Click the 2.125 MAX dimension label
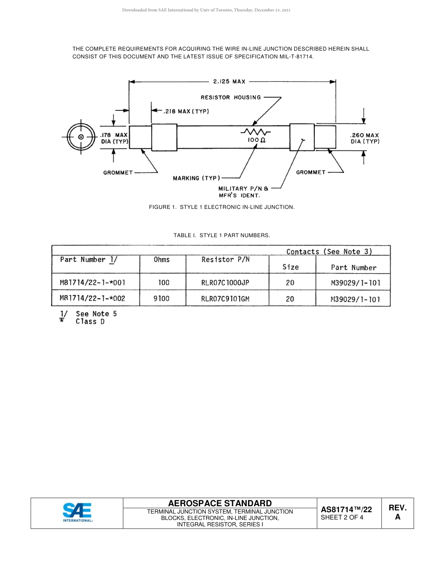tap(229, 82)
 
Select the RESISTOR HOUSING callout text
tap(231, 97)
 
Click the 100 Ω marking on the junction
tap(256, 141)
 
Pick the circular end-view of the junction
tap(80, 137)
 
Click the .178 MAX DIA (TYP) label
tap(114, 138)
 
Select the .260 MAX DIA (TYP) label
tap(365, 138)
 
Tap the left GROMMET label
tap(118, 172)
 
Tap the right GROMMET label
tap(311, 172)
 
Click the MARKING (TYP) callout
tap(196, 178)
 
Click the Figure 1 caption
tap(222, 207)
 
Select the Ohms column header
tap(162, 260)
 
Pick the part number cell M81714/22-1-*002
tap(93, 299)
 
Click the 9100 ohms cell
tap(162, 299)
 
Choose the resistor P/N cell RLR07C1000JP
tap(225, 283)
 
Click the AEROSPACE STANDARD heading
tap(220, 503)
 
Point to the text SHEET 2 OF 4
tap(342, 517)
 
